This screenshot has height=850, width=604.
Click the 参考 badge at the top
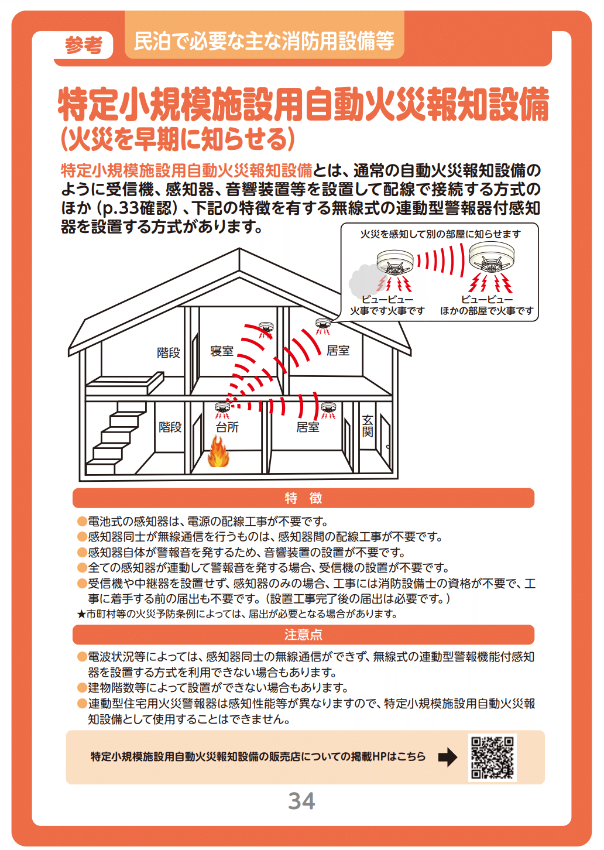coord(84,44)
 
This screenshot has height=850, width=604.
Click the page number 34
coord(301,801)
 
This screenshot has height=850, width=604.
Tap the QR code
coord(492,758)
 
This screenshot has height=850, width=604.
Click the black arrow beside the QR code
coord(448,758)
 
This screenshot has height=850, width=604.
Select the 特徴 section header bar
coord(303,498)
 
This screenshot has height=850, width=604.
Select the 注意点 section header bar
coord(303,635)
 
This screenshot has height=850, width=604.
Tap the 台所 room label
coord(227,427)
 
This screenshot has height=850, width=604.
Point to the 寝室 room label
coord(222,351)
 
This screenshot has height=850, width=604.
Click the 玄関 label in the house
coord(368,426)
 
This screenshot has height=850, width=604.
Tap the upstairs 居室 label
coord(338,351)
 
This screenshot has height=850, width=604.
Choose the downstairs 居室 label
coord(308,427)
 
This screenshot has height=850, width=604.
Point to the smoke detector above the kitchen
coord(222,407)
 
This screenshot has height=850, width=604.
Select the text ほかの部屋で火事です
coord(487,311)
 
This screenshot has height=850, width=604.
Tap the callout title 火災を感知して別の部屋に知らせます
coord(440,234)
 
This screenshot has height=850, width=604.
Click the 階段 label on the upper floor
coord(169,352)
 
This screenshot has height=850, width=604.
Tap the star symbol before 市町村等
coord(81,614)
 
